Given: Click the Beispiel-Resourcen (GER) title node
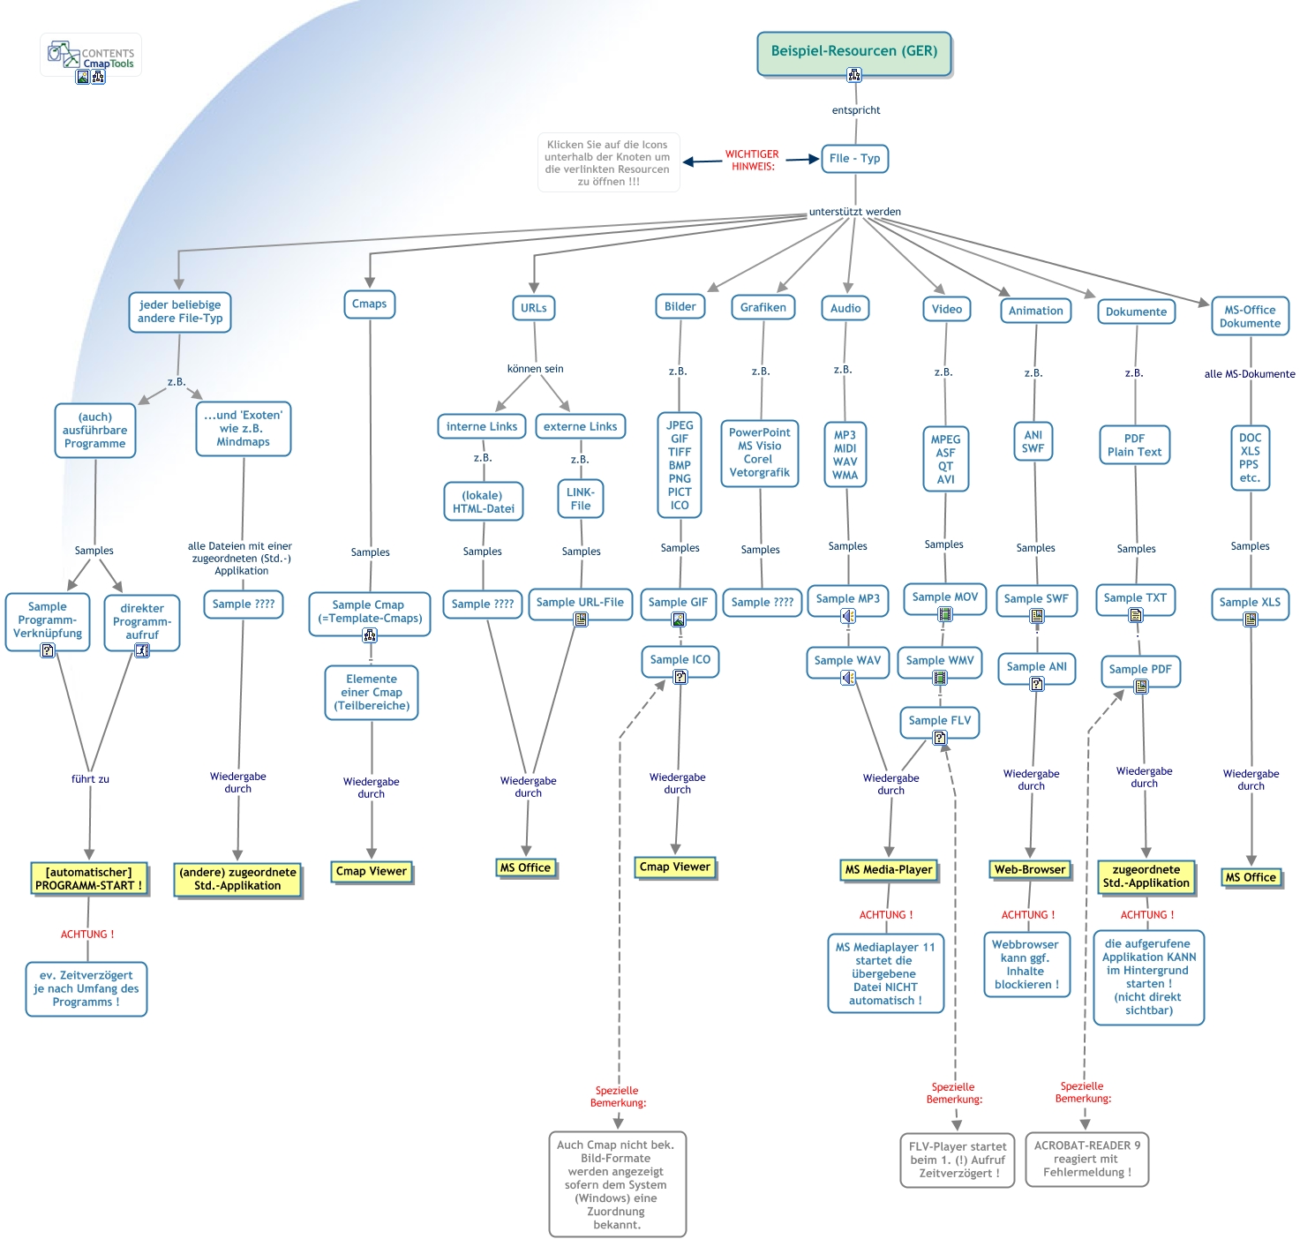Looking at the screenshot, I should click(853, 52).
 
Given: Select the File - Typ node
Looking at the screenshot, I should click(854, 159).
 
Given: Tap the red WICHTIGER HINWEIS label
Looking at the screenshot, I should click(752, 160).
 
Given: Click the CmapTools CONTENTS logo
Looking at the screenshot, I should click(92, 55).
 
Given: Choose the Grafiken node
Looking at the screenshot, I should click(763, 308).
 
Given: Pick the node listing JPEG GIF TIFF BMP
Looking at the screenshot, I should click(680, 465).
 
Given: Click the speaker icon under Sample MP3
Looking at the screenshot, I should click(848, 616).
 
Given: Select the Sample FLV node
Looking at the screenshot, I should click(939, 720).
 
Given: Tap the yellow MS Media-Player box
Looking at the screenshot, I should click(888, 870).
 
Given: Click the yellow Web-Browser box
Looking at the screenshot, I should click(1029, 870).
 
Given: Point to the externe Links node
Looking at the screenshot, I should click(580, 427).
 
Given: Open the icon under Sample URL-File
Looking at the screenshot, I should click(581, 619).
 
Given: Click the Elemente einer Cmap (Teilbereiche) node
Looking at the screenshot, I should click(372, 693).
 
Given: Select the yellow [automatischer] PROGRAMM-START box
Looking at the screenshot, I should click(88, 879).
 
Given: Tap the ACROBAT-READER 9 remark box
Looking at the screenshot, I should click(1086, 1159).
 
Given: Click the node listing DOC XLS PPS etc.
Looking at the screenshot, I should click(1250, 458).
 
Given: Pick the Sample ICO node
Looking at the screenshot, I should click(680, 660).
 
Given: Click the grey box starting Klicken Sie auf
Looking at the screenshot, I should click(608, 163).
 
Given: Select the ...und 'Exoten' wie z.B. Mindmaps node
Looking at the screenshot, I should click(244, 429).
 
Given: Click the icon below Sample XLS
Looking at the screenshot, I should click(1251, 619).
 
